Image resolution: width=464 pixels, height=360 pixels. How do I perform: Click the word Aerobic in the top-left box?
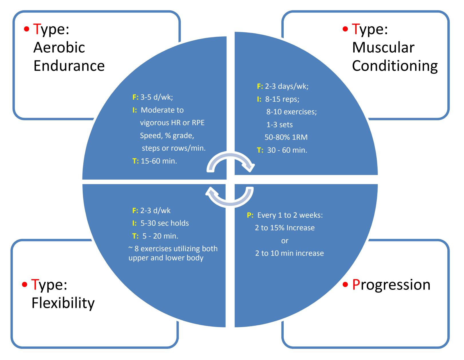[x=59, y=48]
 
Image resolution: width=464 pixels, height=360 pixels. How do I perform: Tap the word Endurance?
[x=69, y=66]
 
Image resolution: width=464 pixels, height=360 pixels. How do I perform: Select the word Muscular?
[x=383, y=48]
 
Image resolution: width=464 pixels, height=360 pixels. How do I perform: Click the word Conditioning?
[x=395, y=66]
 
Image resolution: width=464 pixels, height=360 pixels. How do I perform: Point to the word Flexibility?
[x=63, y=303]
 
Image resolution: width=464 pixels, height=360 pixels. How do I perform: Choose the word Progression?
[x=391, y=285]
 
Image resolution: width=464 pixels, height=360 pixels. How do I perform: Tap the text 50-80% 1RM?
[x=286, y=137]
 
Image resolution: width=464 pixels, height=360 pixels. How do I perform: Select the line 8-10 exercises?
[x=291, y=112]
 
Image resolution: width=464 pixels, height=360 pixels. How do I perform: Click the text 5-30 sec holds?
[x=165, y=223]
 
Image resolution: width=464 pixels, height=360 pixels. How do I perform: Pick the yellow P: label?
[x=250, y=215]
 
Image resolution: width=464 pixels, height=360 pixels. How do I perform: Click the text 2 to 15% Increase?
[x=285, y=228]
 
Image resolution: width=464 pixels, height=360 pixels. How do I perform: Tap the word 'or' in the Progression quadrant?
[x=285, y=241]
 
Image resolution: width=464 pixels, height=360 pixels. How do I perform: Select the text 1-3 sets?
[x=279, y=125]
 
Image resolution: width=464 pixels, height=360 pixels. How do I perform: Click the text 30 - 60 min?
[x=287, y=150]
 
